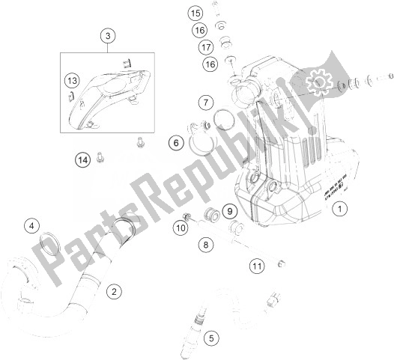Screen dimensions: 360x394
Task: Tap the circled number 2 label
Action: pos(114,291)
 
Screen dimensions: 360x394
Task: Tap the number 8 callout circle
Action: pos(205,242)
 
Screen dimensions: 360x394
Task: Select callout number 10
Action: pos(181,228)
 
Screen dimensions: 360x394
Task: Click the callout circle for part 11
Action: pos(257,266)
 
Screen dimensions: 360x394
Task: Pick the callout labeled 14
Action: pos(83,159)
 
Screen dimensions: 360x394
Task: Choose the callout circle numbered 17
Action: pos(204,47)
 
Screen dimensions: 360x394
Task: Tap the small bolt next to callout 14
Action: pos(104,156)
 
